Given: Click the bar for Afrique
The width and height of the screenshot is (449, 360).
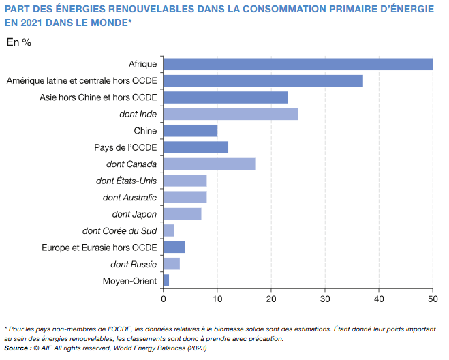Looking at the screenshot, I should [x=298, y=64].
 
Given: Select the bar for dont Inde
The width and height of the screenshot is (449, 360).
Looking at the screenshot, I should [x=230, y=114].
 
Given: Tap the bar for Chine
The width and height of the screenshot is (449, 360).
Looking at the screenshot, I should [x=190, y=130].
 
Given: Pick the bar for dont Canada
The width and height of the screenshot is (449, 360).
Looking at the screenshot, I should [x=209, y=164].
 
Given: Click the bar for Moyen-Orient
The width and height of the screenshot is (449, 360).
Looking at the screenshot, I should [x=166, y=280].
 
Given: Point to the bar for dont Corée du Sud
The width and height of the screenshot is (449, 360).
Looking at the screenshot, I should [x=169, y=230].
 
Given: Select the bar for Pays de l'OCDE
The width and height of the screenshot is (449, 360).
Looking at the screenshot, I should [x=196, y=147].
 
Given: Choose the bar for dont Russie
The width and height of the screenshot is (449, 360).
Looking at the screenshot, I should [x=172, y=264].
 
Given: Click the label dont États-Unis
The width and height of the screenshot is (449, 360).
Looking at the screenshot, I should [x=127, y=181].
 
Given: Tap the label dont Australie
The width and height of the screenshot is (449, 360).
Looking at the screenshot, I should [x=129, y=197].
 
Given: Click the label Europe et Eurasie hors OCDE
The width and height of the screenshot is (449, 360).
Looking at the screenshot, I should [x=99, y=247].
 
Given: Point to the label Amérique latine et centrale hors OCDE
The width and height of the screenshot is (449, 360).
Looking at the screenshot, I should [x=82, y=80].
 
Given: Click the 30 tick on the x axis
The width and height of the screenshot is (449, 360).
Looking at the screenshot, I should [x=325, y=299].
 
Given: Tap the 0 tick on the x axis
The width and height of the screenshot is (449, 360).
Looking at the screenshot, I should [x=164, y=299].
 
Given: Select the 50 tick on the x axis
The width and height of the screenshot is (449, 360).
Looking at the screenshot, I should [x=433, y=299].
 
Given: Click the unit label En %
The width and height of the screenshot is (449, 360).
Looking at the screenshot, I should [x=19, y=42].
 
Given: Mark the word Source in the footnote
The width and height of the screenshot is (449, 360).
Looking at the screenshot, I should [x=17, y=348].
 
